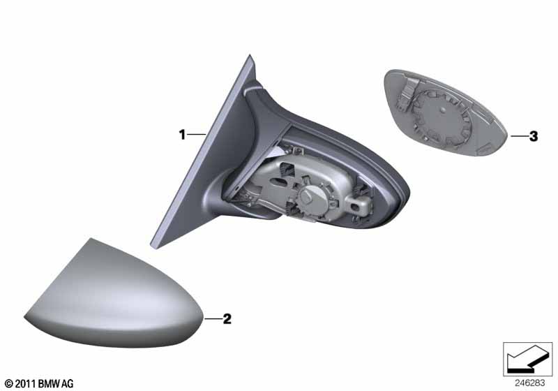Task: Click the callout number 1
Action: coord(182,135)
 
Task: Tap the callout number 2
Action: coord(227,318)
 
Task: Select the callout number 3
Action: coord(534,136)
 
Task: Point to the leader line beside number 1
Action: coord(197,134)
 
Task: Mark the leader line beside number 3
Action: coord(519,135)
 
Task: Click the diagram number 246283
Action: coord(529,383)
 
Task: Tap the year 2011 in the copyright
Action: coord(25,383)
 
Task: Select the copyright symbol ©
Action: coord(9,383)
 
